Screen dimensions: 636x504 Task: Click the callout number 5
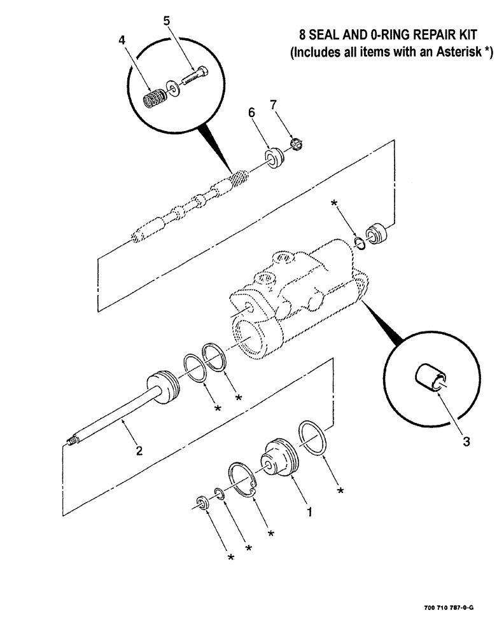click(x=167, y=21)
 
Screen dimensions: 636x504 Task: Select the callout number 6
click(x=251, y=112)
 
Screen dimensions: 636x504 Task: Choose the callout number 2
click(x=139, y=452)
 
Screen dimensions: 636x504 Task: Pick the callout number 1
click(x=309, y=511)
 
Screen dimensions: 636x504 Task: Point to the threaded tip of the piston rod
click(x=72, y=439)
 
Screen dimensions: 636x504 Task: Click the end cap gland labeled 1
click(x=277, y=462)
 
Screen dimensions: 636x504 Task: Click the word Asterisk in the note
click(x=454, y=53)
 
